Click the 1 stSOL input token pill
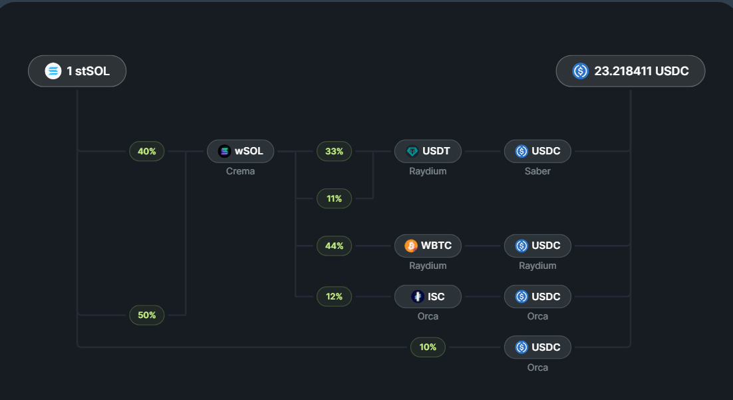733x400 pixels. coord(77,71)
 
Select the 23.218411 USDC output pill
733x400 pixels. coord(630,71)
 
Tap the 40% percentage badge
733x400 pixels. coord(146,151)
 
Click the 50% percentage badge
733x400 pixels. coord(146,315)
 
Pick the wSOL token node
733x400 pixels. coord(240,151)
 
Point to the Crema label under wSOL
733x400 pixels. coord(240,171)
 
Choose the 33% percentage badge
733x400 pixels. coord(334,151)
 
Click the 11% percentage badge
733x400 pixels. coord(334,198)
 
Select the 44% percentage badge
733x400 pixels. coord(334,246)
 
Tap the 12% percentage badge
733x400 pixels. coord(334,296)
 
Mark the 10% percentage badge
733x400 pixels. coord(428,347)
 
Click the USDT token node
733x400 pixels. coord(428,151)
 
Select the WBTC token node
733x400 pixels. coord(428,246)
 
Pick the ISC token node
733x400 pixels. coord(428,296)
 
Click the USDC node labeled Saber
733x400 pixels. coord(537,151)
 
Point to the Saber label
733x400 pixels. coord(537,171)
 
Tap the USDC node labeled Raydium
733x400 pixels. coord(537,246)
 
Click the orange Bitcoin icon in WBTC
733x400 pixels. coord(411,246)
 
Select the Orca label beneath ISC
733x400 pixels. coord(428,316)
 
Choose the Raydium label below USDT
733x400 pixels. coord(428,171)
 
